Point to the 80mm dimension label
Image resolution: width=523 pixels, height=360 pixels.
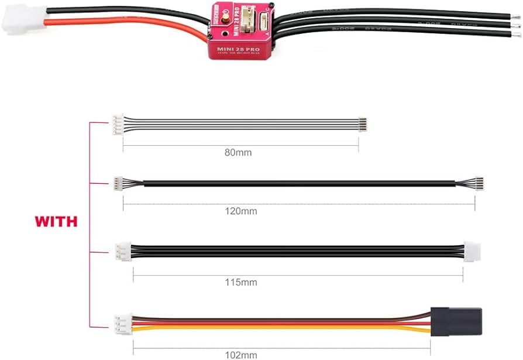point(238,153)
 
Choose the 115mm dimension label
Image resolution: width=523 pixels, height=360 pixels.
point(241,282)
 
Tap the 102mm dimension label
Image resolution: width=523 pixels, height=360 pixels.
point(240,354)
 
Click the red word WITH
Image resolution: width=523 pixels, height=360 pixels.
point(56,222)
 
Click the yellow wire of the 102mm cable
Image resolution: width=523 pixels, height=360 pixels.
point(281,330)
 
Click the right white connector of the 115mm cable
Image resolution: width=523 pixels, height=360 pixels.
point(472,252)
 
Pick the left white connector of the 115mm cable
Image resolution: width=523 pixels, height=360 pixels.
point(123,252)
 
